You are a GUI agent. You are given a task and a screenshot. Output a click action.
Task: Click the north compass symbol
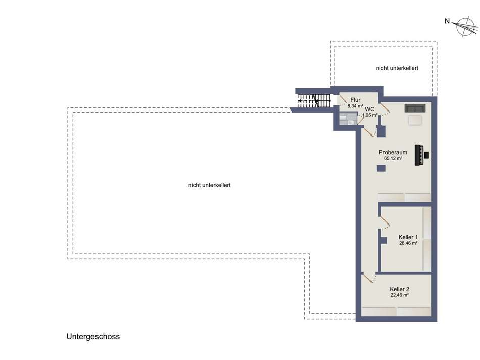(x=464, y=26)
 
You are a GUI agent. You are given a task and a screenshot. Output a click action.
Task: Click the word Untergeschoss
(x=93, y=336)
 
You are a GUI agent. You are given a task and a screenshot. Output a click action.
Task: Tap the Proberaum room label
(x=393, y=152)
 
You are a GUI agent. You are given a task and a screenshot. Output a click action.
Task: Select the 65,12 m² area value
(x=393, y=159)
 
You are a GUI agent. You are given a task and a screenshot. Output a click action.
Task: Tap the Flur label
(x=355, y=100)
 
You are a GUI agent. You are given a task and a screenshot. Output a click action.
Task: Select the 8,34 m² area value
(x=355, y=106)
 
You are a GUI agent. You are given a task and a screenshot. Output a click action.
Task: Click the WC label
(x=370, y=109)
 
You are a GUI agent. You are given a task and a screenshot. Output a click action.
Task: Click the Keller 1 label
(x=408, y=237)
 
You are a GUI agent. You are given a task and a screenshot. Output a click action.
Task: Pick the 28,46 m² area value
(x=408, y=243)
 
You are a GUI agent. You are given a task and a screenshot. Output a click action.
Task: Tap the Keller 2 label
(x=399, y=289)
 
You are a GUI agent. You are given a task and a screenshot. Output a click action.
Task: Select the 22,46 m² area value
(x=399, y=295)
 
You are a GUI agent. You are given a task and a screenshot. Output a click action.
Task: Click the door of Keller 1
(x=385, y=221)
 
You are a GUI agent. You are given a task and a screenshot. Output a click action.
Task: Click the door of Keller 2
(x=368, y=278)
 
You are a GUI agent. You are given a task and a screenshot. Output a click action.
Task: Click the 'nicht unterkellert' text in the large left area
(x=209, y=185)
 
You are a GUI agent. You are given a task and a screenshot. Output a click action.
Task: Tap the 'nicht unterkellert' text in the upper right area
(x=397, y=68)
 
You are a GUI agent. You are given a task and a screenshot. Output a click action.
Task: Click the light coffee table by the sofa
(x=416, y=119)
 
